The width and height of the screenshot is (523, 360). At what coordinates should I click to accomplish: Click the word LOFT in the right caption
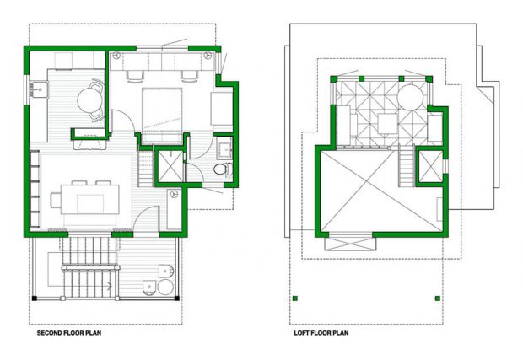click(x=300, y=333)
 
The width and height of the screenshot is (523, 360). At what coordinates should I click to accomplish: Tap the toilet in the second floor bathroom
click(x=223, y=169)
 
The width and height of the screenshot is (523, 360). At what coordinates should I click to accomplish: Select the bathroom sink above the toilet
click(x=225, y=148)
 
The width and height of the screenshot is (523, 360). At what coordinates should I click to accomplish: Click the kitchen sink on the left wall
click(x=39, y=89)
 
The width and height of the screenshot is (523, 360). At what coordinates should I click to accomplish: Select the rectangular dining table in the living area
click(x=90, y=199)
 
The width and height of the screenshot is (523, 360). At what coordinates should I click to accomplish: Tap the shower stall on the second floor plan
click(x=170, y=166)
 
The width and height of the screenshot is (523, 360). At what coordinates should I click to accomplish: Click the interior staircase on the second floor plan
click(x=145, y=169)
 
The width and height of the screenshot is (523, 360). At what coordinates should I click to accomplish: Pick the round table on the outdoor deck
click(x=165, y=287)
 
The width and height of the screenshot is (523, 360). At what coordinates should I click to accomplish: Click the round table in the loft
click(x=410, y=97)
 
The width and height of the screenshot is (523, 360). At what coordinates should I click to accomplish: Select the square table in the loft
click(x=387, y=124)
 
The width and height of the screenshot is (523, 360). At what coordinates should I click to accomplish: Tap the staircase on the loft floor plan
click(x=407, y=166)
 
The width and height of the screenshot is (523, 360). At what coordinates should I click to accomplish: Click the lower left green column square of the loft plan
click(x=294, y=298)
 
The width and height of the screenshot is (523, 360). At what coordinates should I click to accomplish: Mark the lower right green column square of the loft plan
click(x=437, y=298)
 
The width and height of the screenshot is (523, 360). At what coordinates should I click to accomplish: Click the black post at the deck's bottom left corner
click(x=34, y=298)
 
